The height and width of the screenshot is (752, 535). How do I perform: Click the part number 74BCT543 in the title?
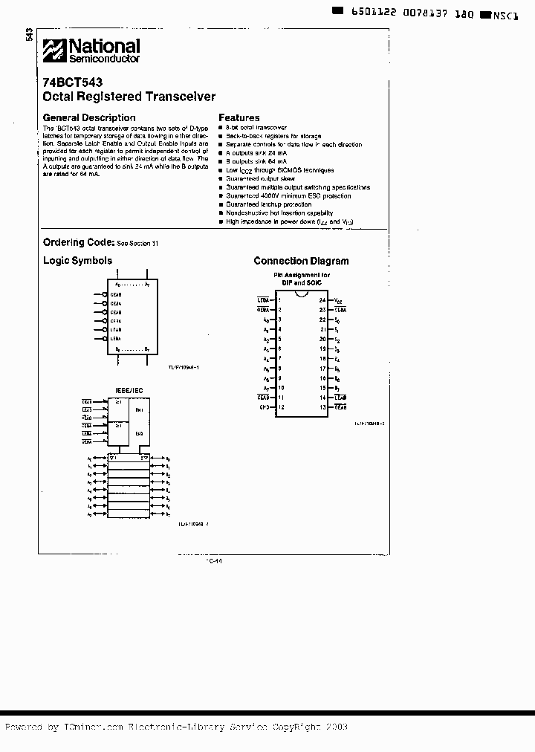tap(73, 82)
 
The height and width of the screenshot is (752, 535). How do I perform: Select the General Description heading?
tap(89, 117)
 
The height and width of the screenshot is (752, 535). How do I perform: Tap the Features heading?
tap(239, 117)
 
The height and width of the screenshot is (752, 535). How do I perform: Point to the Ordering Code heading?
tap(78, 242)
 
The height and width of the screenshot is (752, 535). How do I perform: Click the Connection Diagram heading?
tap(301, 261)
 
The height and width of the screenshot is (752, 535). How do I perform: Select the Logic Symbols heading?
tap(77, 261)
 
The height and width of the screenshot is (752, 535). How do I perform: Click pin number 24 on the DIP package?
tap(322, 300)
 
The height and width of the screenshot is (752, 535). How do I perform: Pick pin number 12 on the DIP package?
tap(281, 407)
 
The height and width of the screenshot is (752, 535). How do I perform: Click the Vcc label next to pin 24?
tap(339, 300)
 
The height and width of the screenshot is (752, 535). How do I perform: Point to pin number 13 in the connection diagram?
tap(322, 407)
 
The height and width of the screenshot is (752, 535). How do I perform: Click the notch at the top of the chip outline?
tap(302, 294)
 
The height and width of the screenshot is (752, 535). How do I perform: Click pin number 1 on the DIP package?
tap(279, 300)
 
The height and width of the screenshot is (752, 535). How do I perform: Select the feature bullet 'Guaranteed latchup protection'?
tap(259, 204)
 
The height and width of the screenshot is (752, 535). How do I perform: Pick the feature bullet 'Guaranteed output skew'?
tap(251, 179)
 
